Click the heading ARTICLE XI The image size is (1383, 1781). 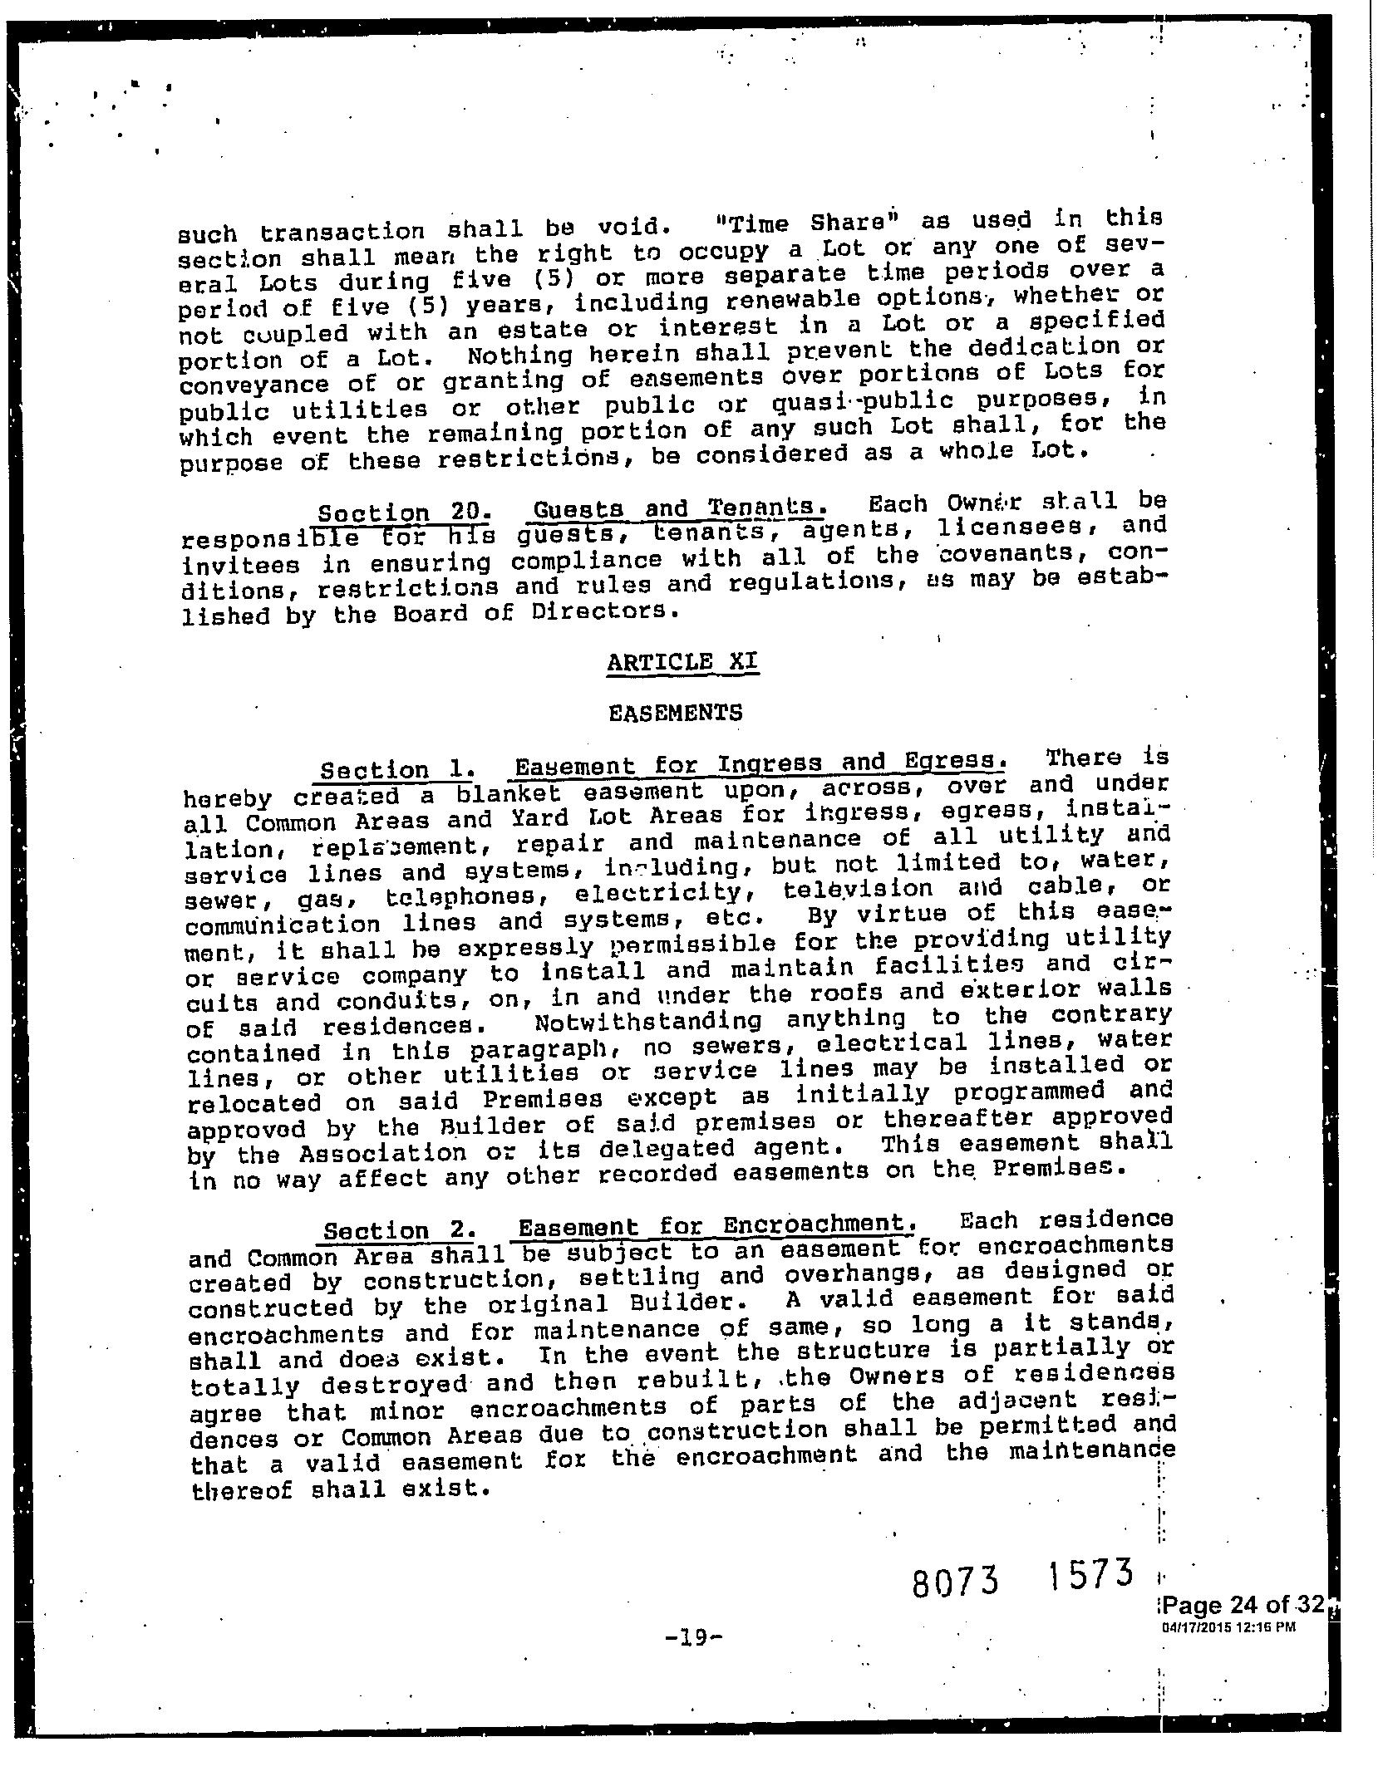[x=683, y=663]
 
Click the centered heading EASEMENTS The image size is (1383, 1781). [x=675, y=714]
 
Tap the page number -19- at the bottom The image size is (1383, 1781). [x=696, y=1637]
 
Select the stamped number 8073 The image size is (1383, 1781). [x=955, y=1582]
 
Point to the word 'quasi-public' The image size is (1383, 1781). [x=862, y=401]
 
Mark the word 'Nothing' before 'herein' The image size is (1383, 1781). [x=520, y=356]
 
